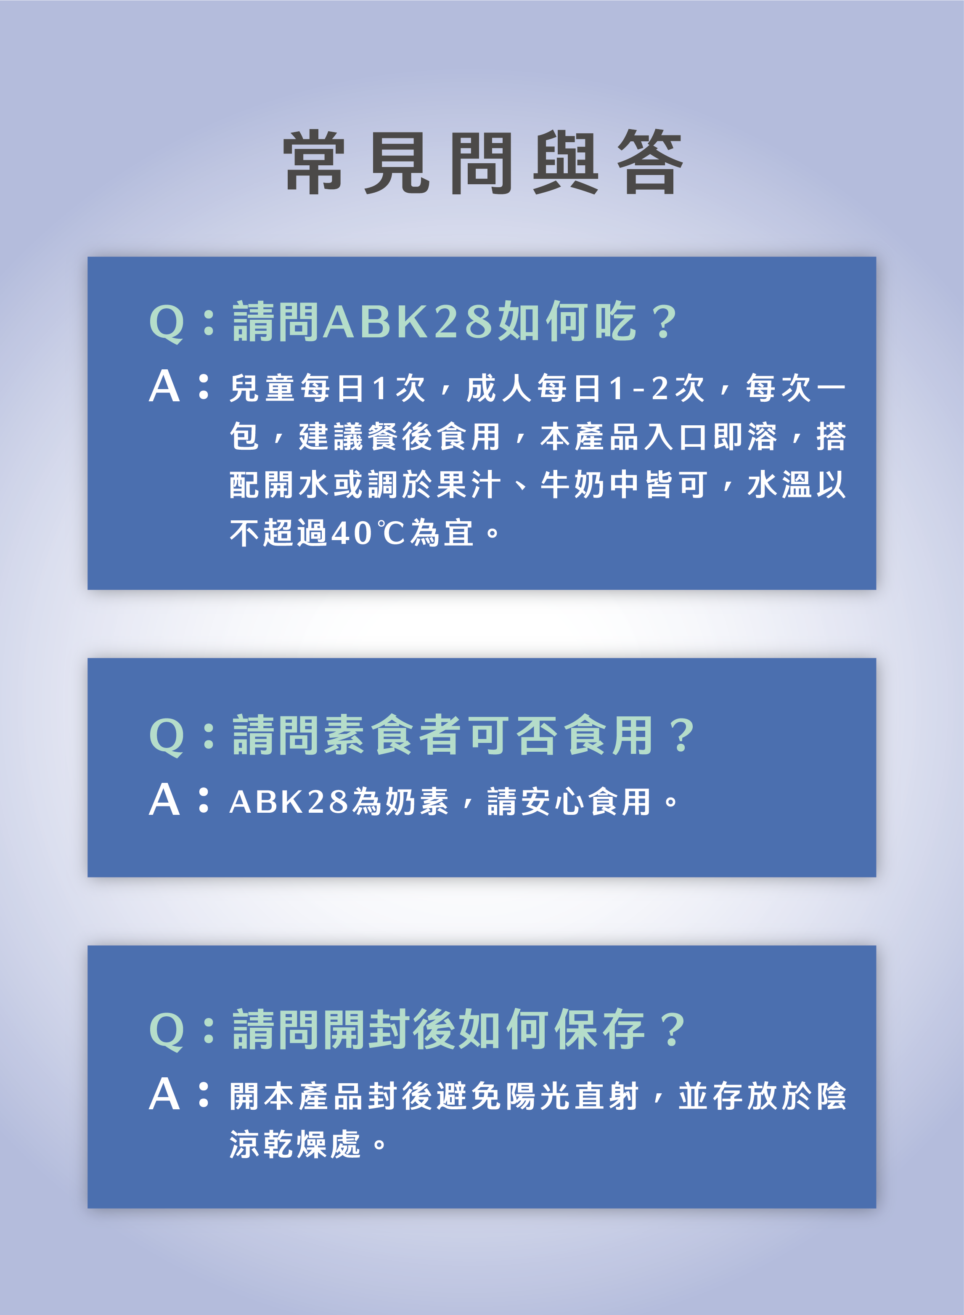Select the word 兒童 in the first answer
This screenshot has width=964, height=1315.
point(264,388)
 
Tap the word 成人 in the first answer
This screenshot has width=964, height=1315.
point(500,388)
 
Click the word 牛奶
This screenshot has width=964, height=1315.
point(572,485)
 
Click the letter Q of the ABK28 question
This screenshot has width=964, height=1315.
point(167,323)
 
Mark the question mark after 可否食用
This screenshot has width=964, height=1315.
point(681,735)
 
